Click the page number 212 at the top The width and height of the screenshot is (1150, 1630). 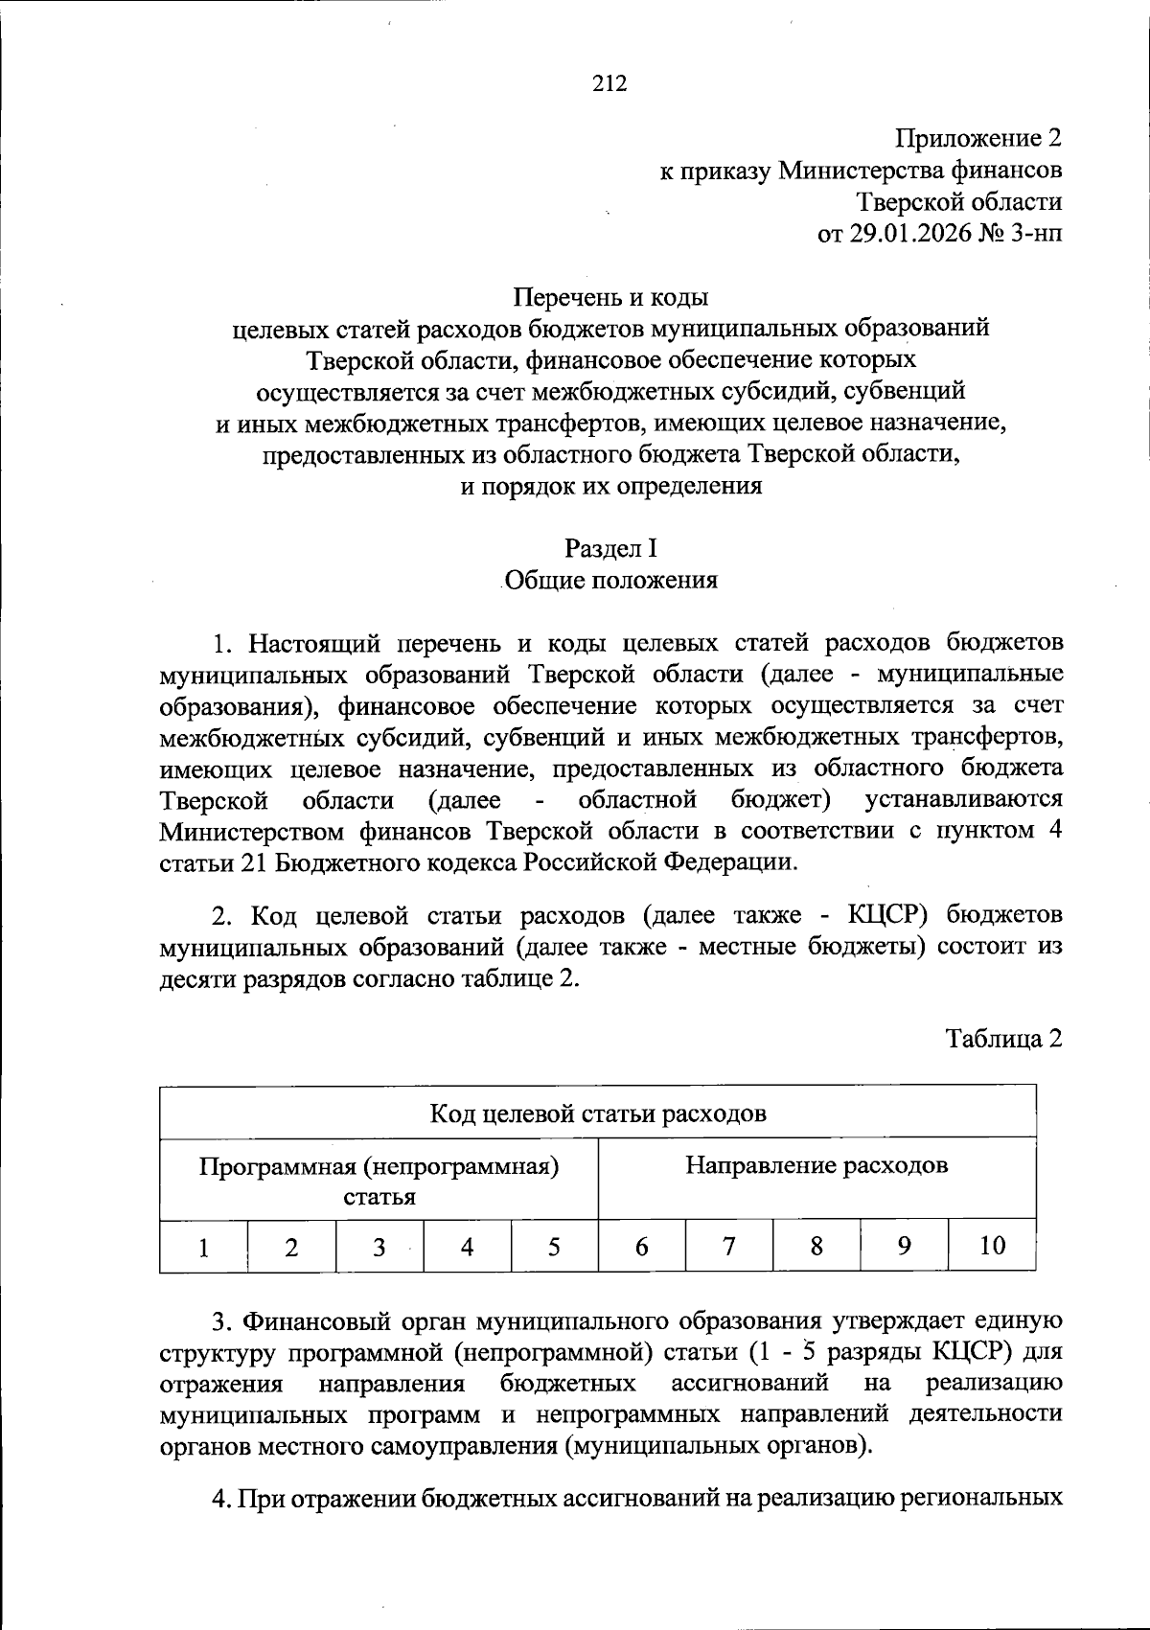coord(609,84)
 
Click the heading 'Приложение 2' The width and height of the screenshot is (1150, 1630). coord(978,139)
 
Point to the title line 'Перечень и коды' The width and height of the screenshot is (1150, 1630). coord(611,297)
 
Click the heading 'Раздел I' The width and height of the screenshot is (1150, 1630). coord(610,548)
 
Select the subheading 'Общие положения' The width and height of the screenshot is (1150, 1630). coord(610,580)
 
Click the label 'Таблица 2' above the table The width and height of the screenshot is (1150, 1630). coord(1004,1039)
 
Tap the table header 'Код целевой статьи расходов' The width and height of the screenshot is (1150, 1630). coord(598,1113)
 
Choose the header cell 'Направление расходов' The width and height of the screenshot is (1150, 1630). coord(816,1165)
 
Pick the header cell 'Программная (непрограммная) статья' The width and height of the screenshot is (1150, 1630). coord(379,1181)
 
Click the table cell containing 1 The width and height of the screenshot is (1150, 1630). coord(203,1247)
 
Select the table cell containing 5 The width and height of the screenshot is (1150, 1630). coord(554,1247)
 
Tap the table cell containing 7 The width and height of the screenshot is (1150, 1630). coord(729,1247)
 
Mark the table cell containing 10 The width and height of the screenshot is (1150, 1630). coord(992,1246)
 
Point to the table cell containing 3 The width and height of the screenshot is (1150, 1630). coord(379,1247)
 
